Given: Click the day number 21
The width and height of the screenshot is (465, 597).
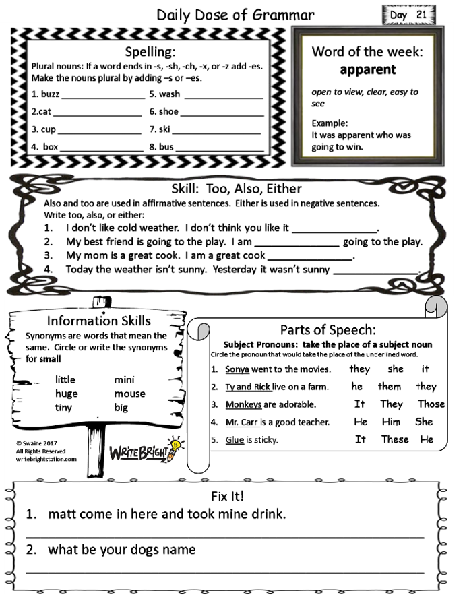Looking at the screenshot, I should [422, 15].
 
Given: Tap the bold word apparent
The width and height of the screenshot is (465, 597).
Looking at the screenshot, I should [367, 69].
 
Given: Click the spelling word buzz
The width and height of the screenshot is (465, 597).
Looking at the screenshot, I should [50, 94].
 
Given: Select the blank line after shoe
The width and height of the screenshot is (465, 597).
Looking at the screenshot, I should [222, 113].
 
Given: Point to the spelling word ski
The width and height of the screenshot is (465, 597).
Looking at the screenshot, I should [165, 129].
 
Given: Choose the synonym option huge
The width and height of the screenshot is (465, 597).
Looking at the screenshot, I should [67, 394].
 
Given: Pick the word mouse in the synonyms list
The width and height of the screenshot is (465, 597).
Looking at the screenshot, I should [129, 394].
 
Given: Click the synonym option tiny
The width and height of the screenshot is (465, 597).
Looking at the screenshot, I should [65, 407].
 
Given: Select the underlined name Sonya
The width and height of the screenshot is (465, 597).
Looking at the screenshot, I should [237, 369].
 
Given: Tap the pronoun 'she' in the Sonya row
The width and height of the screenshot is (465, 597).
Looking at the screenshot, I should [396, 369].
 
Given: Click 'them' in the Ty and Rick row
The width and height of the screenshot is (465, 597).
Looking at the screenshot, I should [390, 387].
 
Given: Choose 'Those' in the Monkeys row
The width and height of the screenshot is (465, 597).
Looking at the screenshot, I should [431, 404].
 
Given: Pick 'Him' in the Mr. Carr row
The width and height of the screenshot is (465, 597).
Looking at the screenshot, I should [391, 422].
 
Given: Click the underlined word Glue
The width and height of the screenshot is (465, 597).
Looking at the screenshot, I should [235, 440].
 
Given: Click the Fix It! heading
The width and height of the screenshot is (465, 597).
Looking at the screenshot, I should [228, 497].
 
